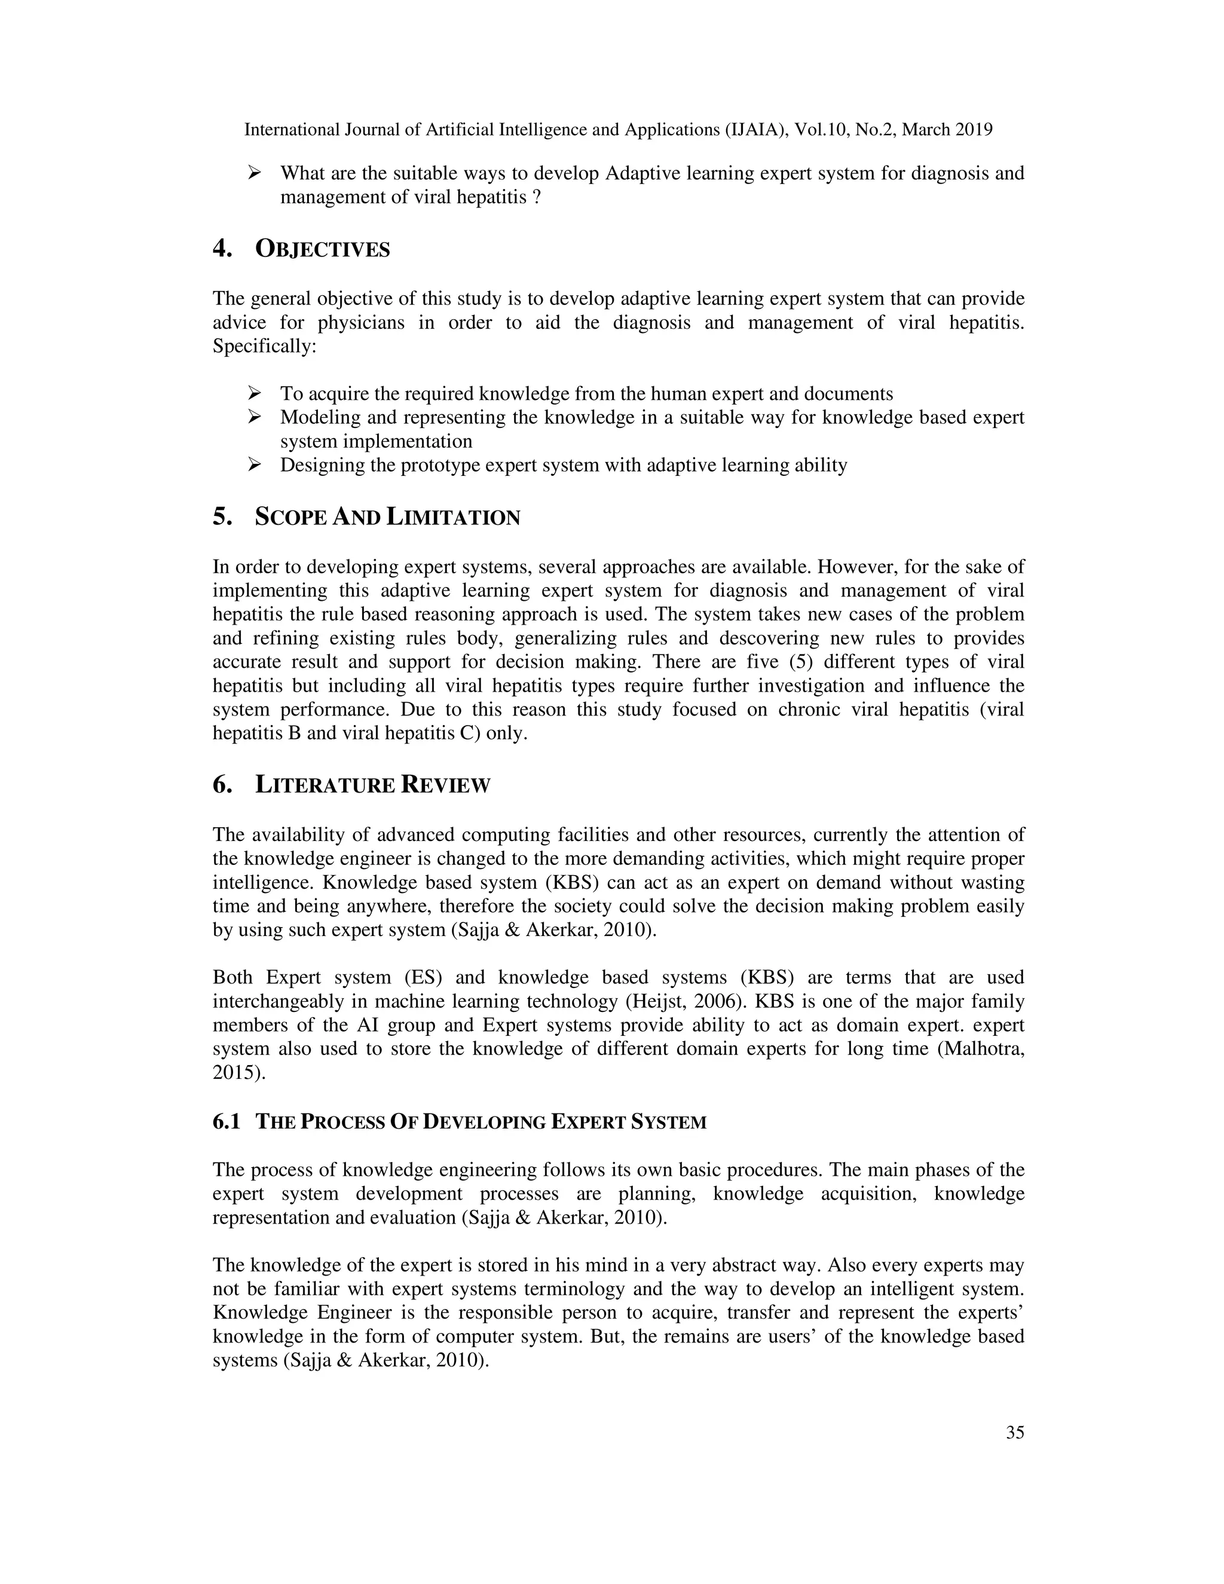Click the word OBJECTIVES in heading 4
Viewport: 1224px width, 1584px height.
pyautogui.click(x=322, y=249)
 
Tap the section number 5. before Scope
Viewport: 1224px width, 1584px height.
pyautogui.click(x=222, y=517)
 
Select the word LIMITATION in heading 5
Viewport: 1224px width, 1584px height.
pyautogui.click(x=453, y=518)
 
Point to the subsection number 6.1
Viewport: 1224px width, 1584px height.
pyautogui.click(x=227, y=1122)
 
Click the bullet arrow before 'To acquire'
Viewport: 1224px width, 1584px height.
pyautogui.click(x=254, y=394)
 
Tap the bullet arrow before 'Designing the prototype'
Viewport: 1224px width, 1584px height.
pyautogui.click(x=254, y=465)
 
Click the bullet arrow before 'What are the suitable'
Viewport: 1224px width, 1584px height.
pyautogui.click(x=254, y=173)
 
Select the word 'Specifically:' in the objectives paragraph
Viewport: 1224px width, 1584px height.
pyautogui.click(x=265, y=347)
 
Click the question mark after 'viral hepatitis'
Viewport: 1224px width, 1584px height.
pyautogui.click(x=537, y=197)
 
